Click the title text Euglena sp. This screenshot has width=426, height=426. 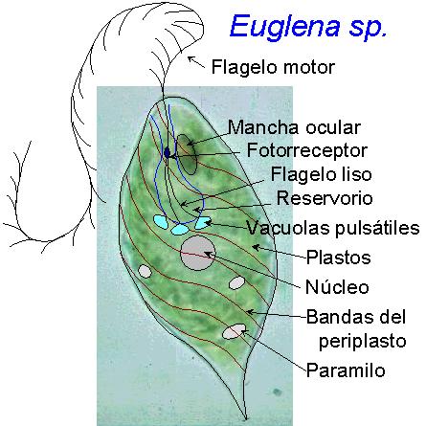point(308,28)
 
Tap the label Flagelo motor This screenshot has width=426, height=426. point(273,67)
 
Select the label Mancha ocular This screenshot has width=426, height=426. point(294,127)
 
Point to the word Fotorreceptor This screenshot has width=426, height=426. point(307,150)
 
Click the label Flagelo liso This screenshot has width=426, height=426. point(322,174)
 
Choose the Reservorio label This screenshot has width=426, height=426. point(325,198)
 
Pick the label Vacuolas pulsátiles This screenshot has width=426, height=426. point(333,228)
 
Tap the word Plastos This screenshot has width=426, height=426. point(339,258)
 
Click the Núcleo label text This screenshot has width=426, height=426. point(337,286)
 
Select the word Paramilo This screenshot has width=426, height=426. point(346,370)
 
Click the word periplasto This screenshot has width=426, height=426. point(363,342)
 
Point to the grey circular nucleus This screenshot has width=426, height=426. point(198,254)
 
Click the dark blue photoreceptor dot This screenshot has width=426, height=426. point(168,152)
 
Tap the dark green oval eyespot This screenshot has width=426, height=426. point(187,154)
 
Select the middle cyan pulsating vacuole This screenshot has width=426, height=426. point(180,229)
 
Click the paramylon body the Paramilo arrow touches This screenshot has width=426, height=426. point(235,331)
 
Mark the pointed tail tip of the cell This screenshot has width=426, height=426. point(246,418)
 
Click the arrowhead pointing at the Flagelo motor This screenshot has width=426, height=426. point(191,59)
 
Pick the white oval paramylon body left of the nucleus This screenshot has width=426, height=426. point(146,271)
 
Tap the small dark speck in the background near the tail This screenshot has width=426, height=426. point(277,392)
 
